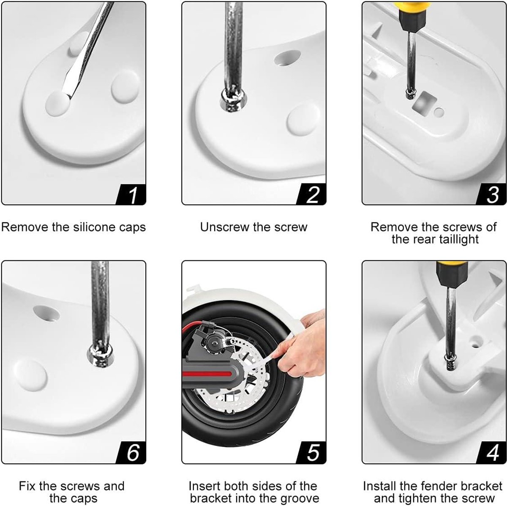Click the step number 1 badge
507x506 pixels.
point(131,194)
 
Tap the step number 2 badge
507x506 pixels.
point(311,194)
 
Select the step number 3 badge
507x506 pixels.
point(491,194)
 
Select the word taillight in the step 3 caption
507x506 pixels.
point(458,240)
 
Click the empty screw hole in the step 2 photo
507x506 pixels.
point(287,58)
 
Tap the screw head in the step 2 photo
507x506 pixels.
point(233,99)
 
